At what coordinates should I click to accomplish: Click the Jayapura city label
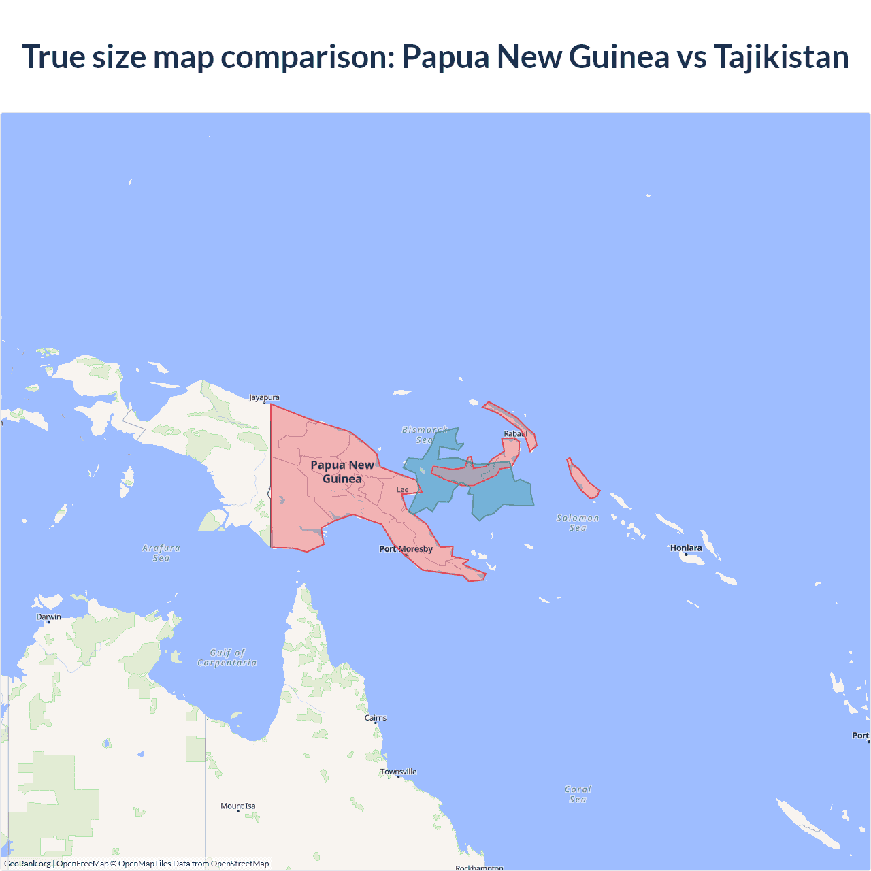click(264, 397)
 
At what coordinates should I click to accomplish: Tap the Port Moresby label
click(406, 549)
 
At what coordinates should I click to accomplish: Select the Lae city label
click(403, 489)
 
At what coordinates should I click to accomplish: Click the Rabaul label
click(515, 433)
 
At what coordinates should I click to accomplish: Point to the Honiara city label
click(686, 548)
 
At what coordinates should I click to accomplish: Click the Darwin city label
click(48, 617)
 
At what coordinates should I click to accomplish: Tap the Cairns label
click(376, 718)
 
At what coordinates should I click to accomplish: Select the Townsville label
click(398, 772)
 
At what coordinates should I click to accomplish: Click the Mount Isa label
click(238, 806)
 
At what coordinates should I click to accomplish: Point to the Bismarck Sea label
click(425, 435)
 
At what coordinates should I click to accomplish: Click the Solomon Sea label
click(578, 523)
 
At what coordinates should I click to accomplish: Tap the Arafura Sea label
click(161, 553)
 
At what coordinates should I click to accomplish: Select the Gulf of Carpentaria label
click(227, 657)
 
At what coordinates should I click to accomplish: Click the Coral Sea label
click(578, 794)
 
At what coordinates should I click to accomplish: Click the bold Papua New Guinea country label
click(342, 472)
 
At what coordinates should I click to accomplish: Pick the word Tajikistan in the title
click(781, 56)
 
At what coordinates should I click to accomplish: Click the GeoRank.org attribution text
click(27, 864)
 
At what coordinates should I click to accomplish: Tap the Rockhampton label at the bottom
click(479, 868)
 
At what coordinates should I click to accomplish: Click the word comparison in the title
click(308, 56)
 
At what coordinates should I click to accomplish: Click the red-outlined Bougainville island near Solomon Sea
click(582, 478)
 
